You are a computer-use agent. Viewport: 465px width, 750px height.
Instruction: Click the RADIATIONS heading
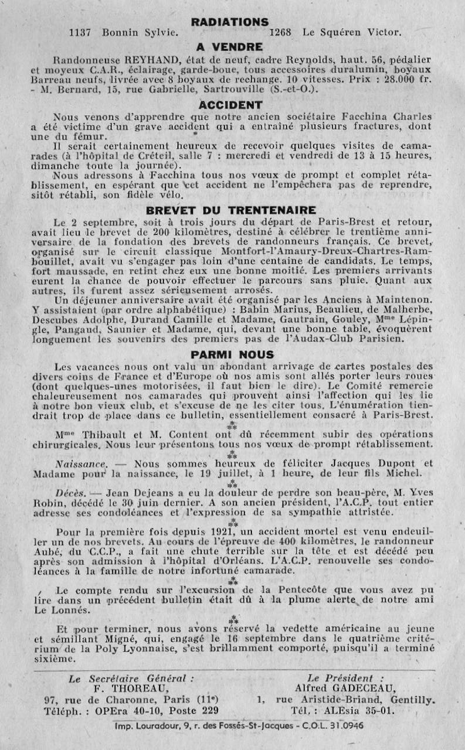(x=230, y=22)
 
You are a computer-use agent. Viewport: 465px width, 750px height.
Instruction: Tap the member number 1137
(x=80, y=33)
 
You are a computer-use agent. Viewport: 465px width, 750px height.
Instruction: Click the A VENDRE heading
(x=230, y=47)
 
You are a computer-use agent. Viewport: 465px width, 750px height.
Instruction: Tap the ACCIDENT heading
(x=230, y=105)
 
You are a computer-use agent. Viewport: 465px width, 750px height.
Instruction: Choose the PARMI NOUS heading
(x=232, y=354)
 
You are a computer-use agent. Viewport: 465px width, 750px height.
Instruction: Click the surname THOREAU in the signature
(x=127, y=688)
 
